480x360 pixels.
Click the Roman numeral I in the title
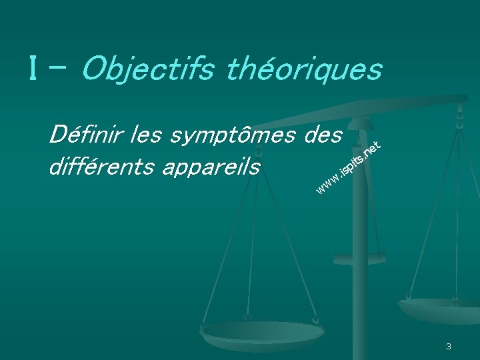pos(32,68)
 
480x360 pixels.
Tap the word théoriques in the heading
pos(305,69)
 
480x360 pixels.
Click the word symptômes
pos(231,136)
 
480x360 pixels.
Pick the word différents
pos(99,167)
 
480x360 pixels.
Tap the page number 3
pos(449,346)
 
